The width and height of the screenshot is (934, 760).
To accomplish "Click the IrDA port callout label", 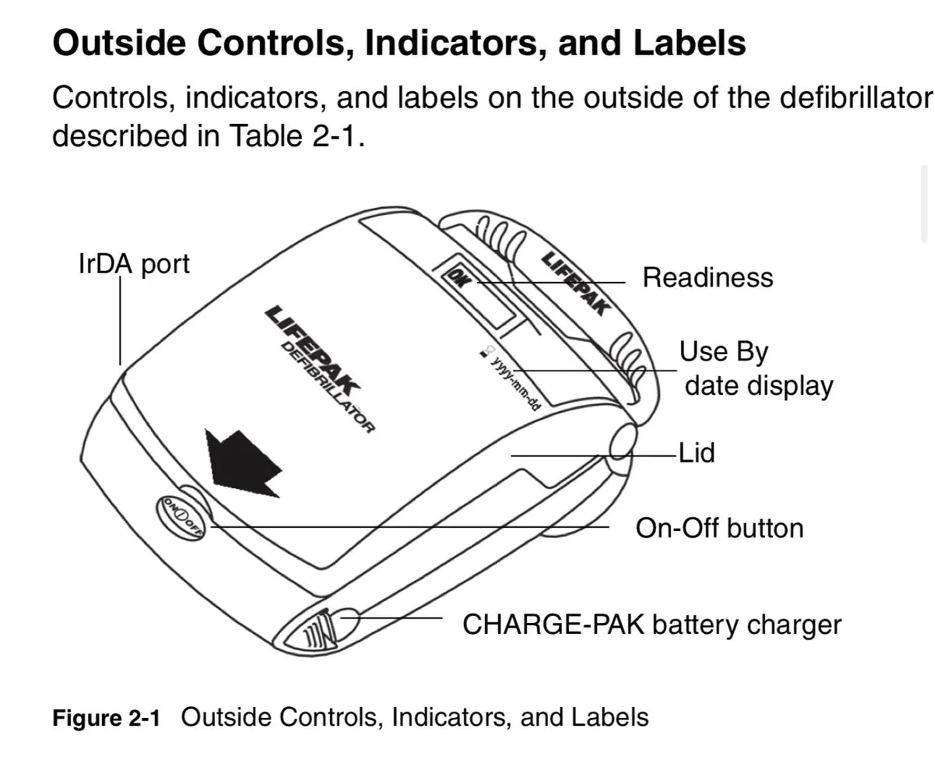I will pos(134,264).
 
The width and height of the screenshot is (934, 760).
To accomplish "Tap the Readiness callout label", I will pos(707,277).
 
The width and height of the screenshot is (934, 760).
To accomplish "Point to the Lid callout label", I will pos(697,453).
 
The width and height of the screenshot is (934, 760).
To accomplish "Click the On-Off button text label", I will pos(719,528).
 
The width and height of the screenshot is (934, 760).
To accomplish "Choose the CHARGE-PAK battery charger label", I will pos(651,624).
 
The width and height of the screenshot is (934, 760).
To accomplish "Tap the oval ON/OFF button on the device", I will pos(181,514).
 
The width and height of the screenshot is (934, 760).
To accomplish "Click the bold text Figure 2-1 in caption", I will pos(106,717).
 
